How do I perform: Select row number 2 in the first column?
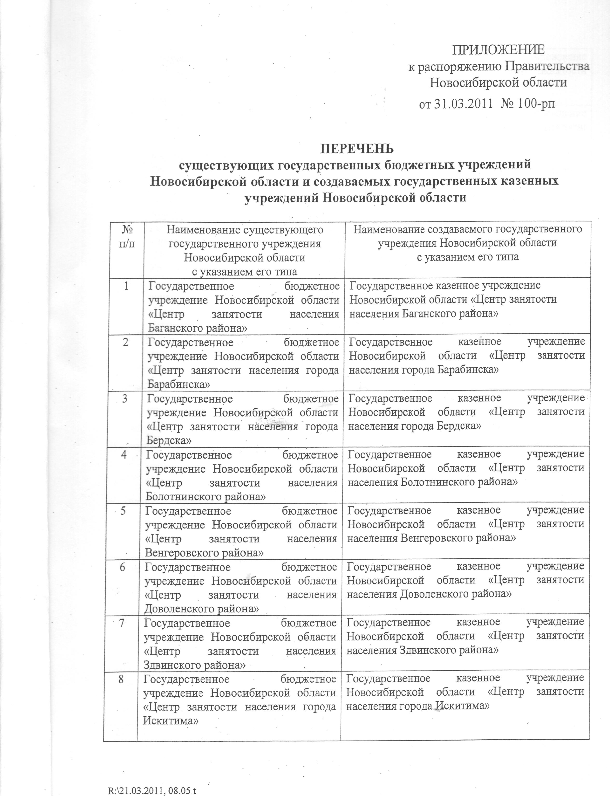[x=126, y=343]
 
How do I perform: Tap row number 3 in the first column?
[x=125, y=399]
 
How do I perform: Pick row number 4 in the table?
[x=124, y=455]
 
